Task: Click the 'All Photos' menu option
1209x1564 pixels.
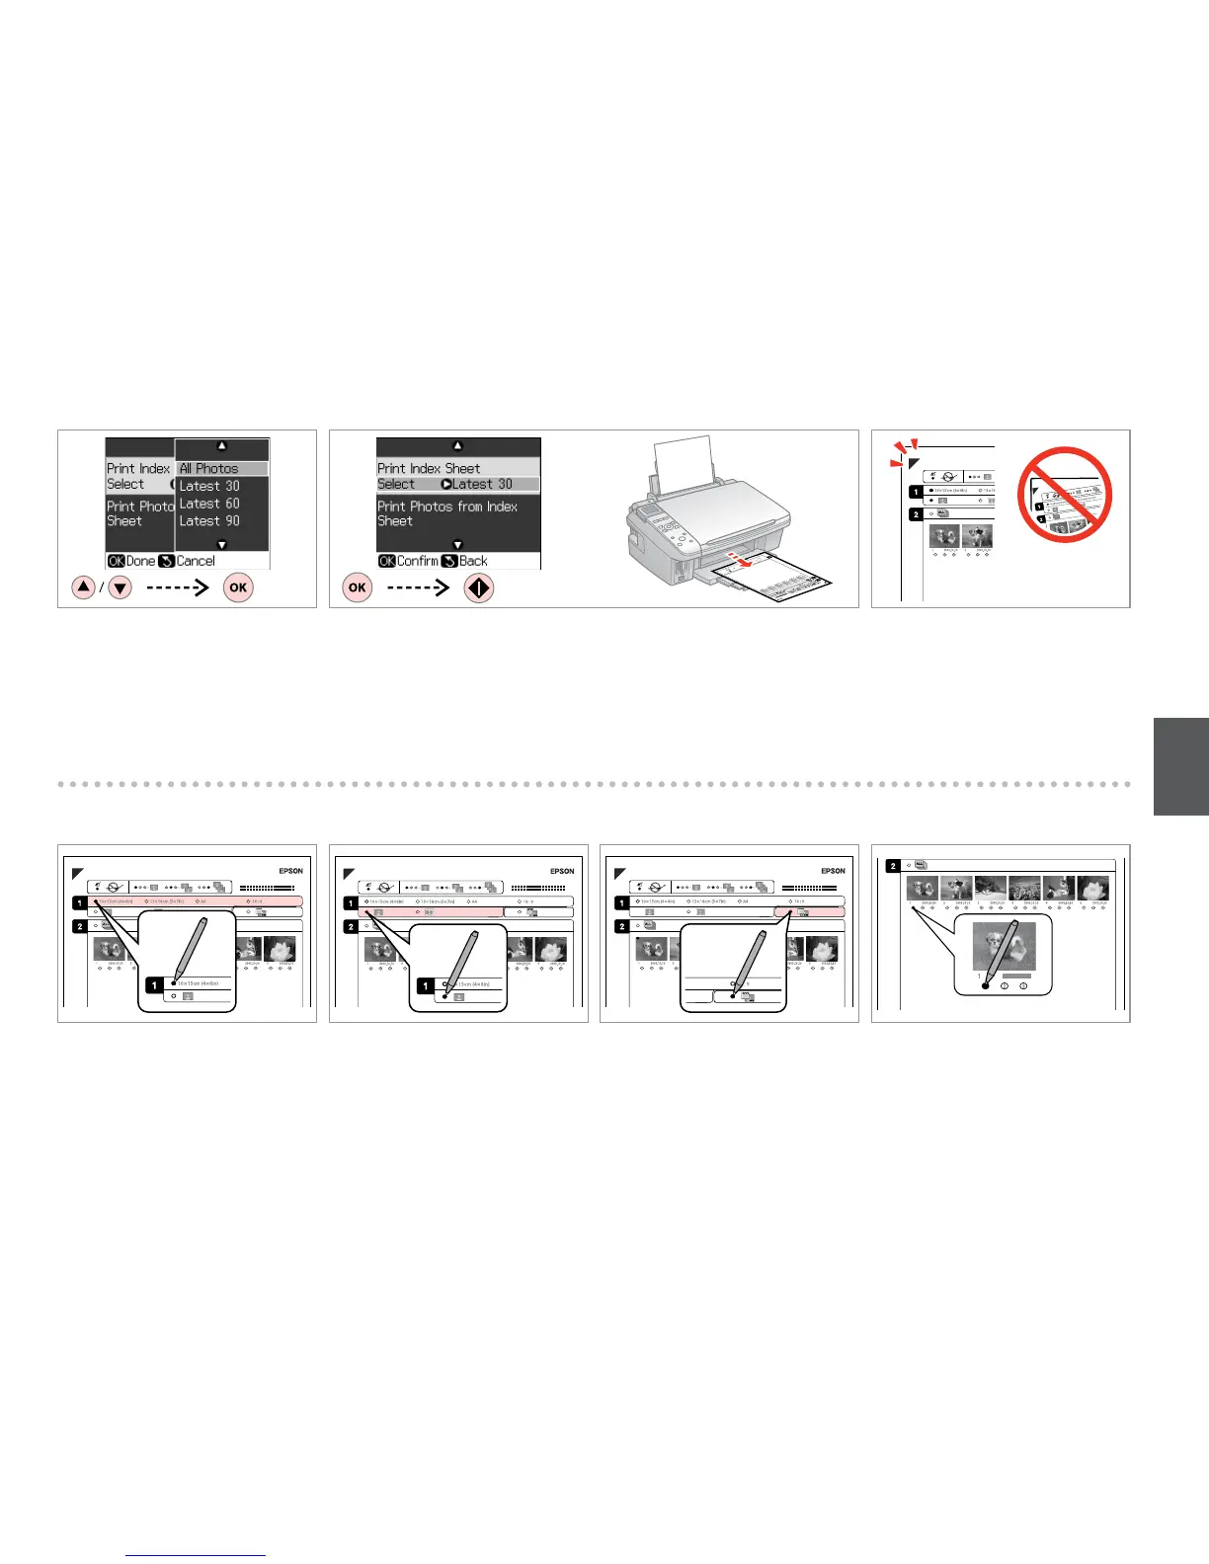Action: [x=209, y=468]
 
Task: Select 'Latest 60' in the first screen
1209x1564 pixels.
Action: [x=209, y=504]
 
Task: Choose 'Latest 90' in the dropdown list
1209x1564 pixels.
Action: [x=209, y=520]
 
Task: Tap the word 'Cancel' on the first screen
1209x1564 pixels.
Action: [x=196, y=561]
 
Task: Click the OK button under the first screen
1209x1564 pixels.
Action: [x=238, y=587]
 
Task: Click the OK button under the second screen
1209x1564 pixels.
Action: [x=357, y=587]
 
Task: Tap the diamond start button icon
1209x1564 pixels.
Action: [x=479, y=588]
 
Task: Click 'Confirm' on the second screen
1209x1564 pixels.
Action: [x=417, y=561]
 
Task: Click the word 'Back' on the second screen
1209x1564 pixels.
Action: [x=473, y=561]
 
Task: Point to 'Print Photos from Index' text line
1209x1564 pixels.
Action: [x=447, y=507]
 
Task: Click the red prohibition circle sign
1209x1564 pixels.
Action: [x=1065, y=494]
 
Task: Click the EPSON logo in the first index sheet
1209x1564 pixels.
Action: [x=290, y=871]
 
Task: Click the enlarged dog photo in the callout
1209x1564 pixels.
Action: [x=1005, y=945]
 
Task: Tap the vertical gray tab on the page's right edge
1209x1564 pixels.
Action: [x=1180, y=766]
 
